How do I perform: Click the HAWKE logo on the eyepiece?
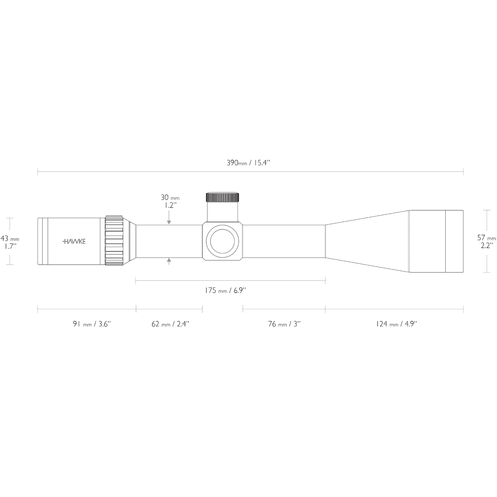[x=74, y=241]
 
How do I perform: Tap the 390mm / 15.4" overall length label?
[x=248, y=163]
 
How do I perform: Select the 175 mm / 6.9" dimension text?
[x=225, y=290]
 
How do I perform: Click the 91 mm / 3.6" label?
[x=92, y=324]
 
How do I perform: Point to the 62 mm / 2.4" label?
[x=170, y=324]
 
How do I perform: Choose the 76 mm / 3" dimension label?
[x=284, y=324]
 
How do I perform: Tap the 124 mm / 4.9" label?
[x=396, y=324]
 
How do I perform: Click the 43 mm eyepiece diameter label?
[x=10, y=238]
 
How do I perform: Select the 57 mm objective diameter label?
[x=486, y=238]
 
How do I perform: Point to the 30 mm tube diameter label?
[x=170, y=198]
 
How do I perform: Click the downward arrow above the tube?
[x=169, y=217]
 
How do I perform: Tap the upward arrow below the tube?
[x=169, y=261]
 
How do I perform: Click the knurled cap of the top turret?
[x=222, y=197]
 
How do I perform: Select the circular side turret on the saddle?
[x=222, y=241]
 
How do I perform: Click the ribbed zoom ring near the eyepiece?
[x=114, y=240]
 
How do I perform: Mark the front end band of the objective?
[x=454, y=241]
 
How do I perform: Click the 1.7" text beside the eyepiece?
[x=10, y=246]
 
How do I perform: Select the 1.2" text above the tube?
[x=171, y=205]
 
